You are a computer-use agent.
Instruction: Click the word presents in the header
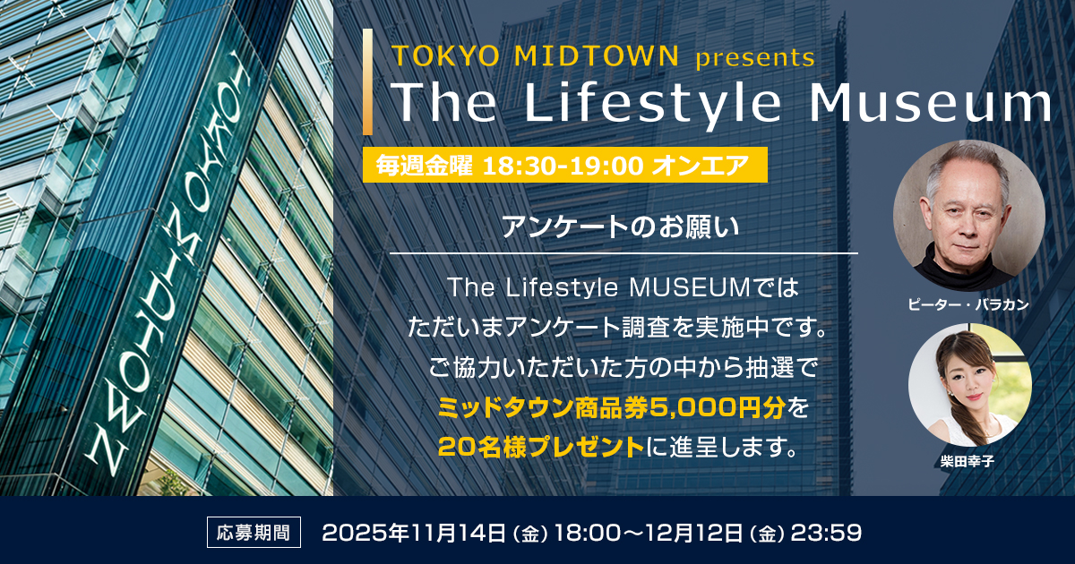tap(754, 58)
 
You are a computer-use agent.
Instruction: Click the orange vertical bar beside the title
tap(367, 81)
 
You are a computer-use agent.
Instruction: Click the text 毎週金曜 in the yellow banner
tap(425, 166)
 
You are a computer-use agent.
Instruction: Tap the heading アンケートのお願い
tap(622, 226)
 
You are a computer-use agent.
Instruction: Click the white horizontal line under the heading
tap(624, 253)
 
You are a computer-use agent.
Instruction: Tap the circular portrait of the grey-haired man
tap(968, 215)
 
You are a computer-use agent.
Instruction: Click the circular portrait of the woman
tap(969, 385)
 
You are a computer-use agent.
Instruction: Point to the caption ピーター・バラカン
tap(968, 305)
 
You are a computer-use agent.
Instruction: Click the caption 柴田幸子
tap(968, 462)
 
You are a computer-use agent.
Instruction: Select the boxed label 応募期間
tap(254, 533)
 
